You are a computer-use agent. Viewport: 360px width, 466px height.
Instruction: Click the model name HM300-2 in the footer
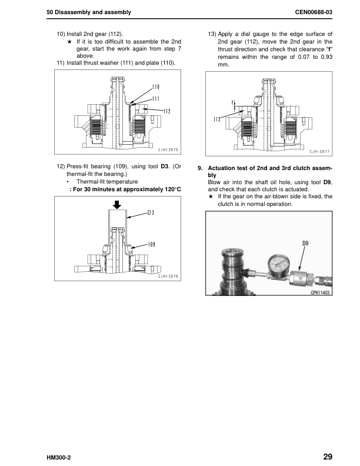pos(61,457)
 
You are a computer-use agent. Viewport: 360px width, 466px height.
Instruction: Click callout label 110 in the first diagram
pos(156,86)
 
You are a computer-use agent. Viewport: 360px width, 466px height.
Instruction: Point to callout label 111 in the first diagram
pos(156,98)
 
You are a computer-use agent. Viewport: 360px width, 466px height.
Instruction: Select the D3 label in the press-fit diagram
pos(151,212)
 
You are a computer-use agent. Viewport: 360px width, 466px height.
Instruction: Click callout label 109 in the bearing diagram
pos(151,244)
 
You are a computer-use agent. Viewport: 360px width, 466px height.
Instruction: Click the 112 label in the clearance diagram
pos(217,119)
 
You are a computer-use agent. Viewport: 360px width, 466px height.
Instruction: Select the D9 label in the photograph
pos(305,242)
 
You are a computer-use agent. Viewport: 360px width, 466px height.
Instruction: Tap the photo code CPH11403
pos(320,292)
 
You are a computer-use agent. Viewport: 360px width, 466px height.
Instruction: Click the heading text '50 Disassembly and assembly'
pos(88,12)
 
